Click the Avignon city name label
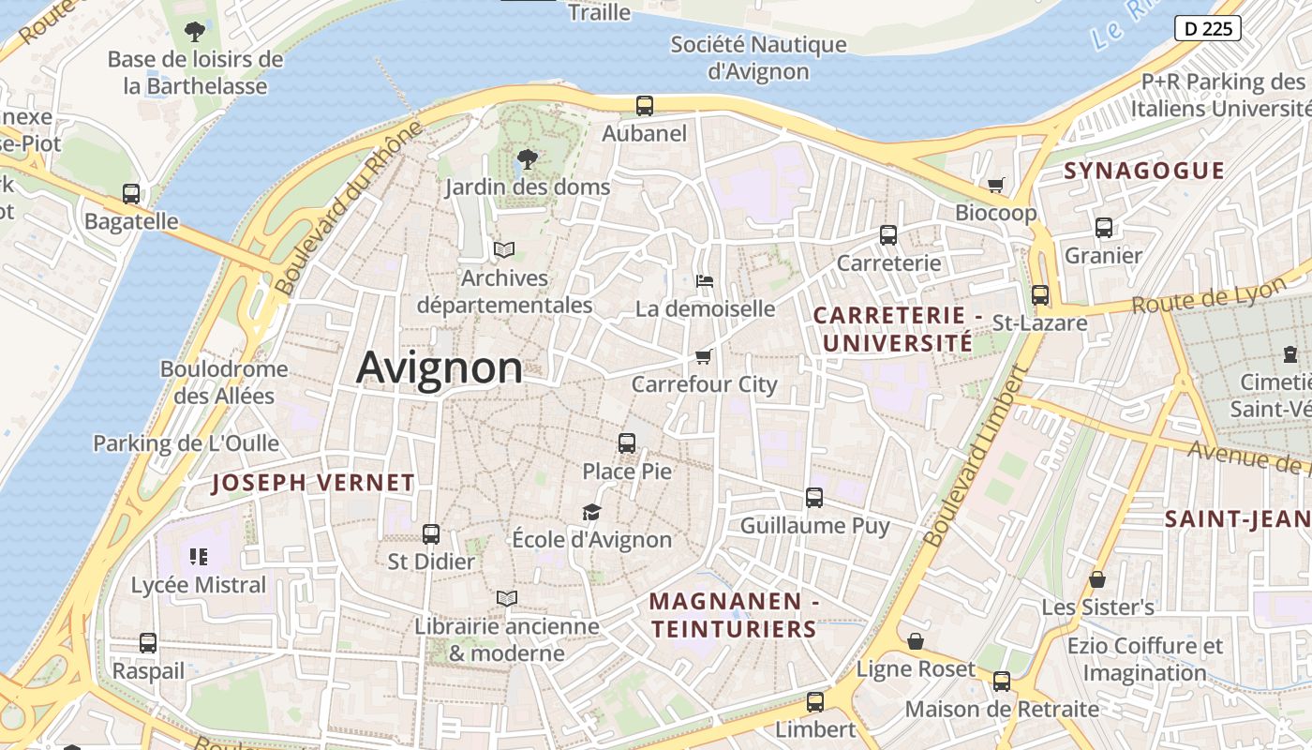point(440,367)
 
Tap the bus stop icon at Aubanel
point(645,106)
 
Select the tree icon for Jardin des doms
point(528,159)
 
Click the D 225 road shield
point(1208,28)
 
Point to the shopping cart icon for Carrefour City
point(704,356)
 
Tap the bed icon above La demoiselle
point(705,280)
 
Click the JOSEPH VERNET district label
point(313,483)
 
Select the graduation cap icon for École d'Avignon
point(591,512)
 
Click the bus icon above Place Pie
point(627,443)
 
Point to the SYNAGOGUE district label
point(1144,171)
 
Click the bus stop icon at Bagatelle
point(131,194)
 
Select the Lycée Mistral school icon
point(198,557)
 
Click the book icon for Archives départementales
point(504,249)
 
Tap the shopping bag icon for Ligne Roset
point(916,641)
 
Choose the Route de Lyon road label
point(1208,296)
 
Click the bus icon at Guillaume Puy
point(814,498)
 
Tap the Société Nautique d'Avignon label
point(758,57)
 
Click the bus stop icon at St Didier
point(431,534)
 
